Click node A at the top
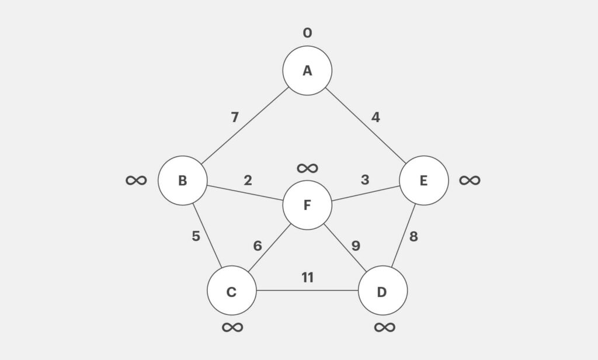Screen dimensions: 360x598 point(307,71)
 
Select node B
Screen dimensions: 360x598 point(182,181)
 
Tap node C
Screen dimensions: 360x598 point(231,291)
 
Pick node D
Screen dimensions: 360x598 point(382,291)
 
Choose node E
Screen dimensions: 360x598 point(424,181)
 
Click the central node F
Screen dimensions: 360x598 point(307,205)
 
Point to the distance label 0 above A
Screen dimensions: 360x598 point(307,33)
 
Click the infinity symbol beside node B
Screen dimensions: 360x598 point(136,180)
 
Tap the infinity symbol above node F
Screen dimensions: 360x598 point(307,168)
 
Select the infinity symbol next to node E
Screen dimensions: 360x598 point(470,180)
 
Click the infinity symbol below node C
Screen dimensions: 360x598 point(232,327)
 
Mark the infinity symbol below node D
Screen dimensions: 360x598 point(384,327)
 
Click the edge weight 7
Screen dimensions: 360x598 point(235,117)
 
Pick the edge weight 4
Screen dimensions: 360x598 point(376,117)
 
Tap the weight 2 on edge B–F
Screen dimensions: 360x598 point(248,180)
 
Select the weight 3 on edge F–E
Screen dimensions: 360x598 point(365,180)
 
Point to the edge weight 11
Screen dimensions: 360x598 point(307,278)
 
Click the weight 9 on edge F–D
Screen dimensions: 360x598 point(356,246)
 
